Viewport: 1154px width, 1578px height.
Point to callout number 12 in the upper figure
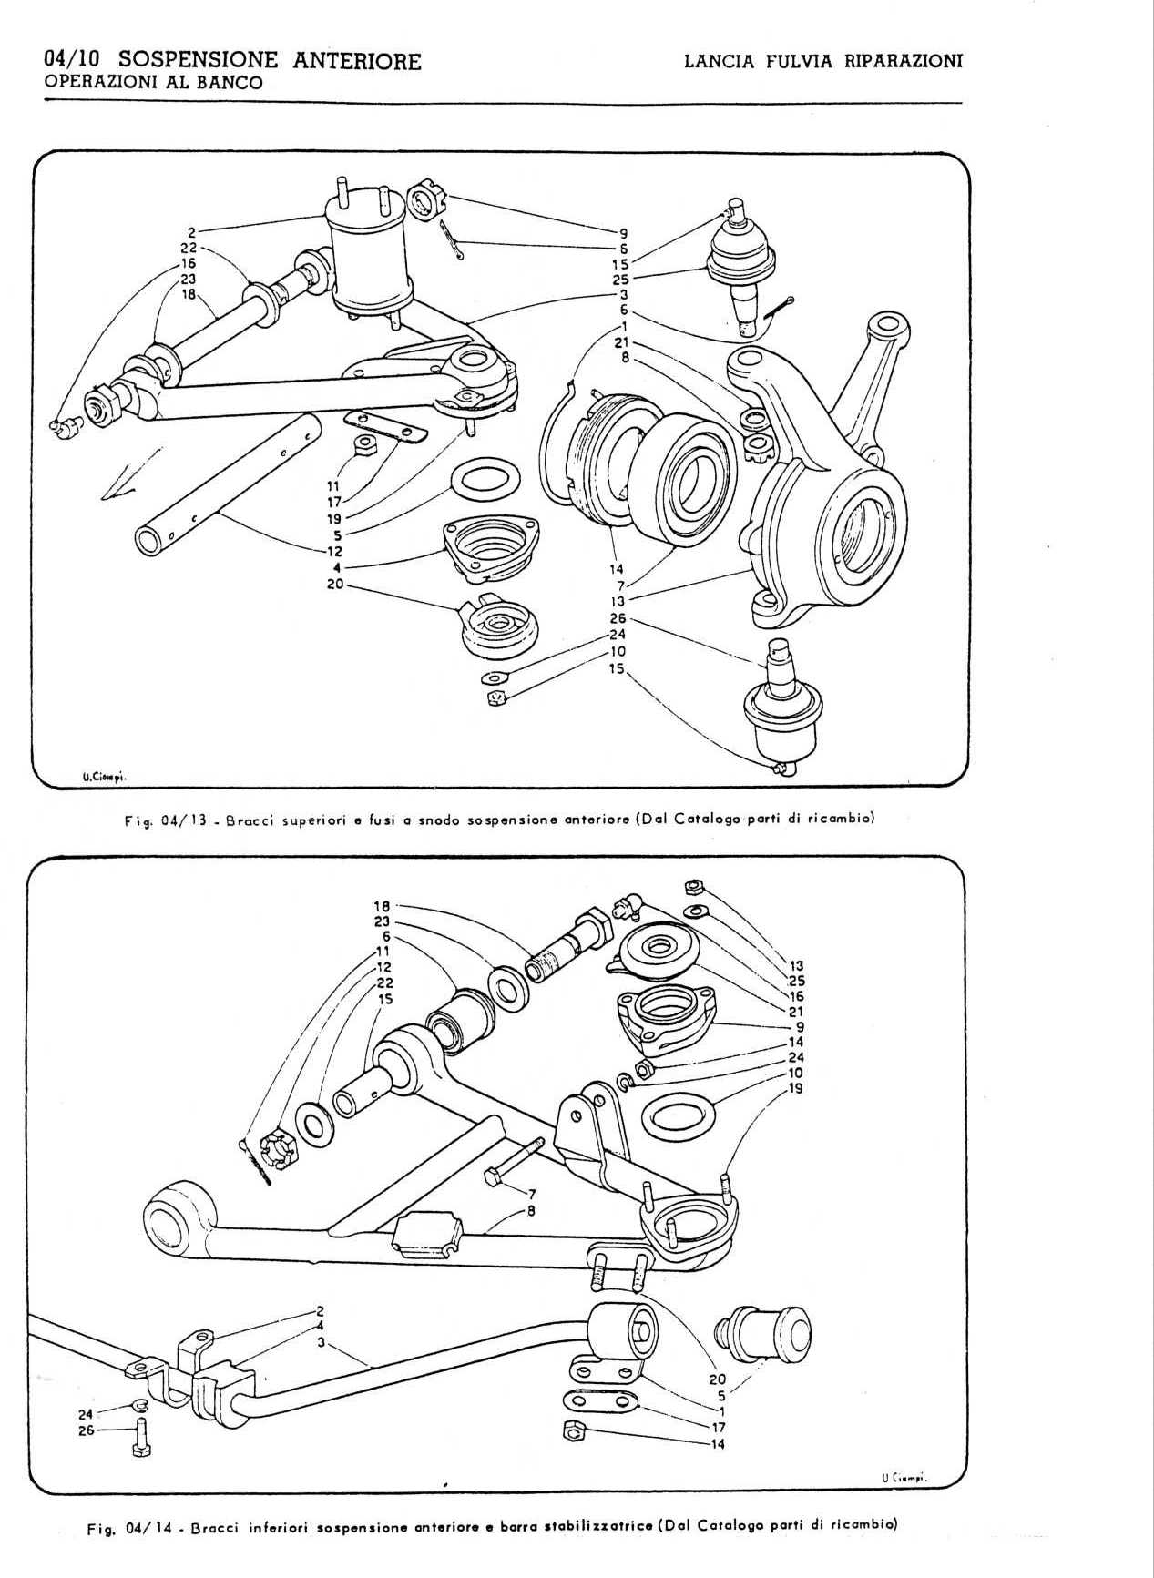(335, 552)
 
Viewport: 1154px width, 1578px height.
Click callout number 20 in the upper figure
(335, 584)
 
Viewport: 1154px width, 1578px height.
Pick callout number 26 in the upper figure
(618, 619)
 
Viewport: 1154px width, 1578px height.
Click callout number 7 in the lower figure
(531, 1194)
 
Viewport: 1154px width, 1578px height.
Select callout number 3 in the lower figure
(321, 1342)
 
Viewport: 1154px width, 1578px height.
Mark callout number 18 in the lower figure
(382, 906)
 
